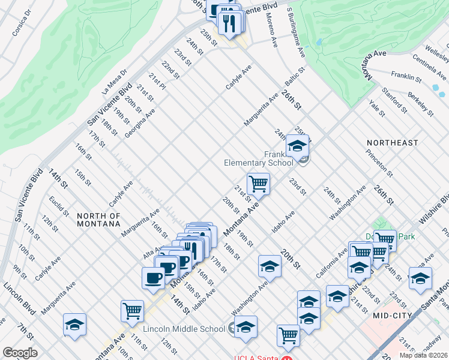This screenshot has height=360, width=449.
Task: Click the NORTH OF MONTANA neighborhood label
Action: pos(99,219)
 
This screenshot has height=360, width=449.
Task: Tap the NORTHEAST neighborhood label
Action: pos(393,143)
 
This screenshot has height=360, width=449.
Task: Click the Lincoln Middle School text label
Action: pos(184,329)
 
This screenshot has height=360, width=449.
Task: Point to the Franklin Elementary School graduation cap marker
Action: pos(297,146)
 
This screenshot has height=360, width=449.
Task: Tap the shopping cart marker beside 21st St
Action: pos(258,184)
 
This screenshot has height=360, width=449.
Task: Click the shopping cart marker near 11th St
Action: pos(132,311)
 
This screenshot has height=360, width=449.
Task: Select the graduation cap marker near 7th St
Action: pos(74,325)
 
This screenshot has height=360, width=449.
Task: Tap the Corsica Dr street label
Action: pos(15,28)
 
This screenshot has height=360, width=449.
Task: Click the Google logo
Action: pos(20,353)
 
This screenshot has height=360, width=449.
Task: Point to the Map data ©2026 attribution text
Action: pos(423,355)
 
